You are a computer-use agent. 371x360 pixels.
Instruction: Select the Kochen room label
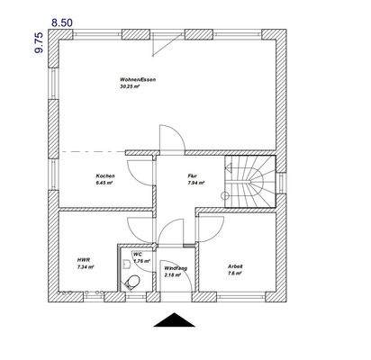tap(105, 175)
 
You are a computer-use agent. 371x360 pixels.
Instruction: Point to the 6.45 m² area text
tap(105, 183)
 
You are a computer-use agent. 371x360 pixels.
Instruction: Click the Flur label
tap(192, 175)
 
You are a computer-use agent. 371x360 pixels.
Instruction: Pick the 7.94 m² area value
tap(195, 183)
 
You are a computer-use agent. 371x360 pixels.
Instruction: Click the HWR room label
tap(84, 260)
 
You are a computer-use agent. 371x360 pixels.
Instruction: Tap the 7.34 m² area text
tap(86, 267)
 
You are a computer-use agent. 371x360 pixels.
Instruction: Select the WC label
tap(138, 255)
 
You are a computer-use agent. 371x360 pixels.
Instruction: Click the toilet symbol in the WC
tap(135, 280)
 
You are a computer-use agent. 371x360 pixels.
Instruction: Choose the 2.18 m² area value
tap(176, 274)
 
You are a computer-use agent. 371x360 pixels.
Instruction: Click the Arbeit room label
tap(236, 265)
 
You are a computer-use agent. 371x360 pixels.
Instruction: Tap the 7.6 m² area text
tap(236, 273)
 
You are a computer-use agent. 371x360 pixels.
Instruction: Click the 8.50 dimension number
tap(64, 19)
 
